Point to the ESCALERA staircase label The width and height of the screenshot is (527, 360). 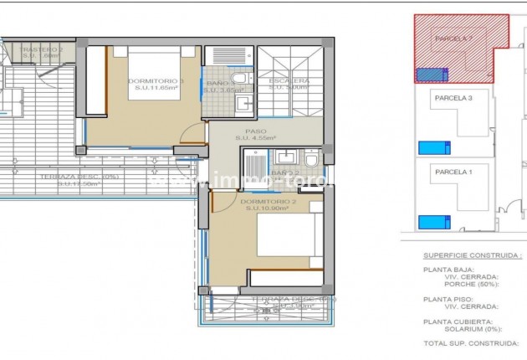pyautogui.click(x=288, y=82)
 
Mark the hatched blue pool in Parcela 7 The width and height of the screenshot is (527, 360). pyautogui.click(x=431, y=74)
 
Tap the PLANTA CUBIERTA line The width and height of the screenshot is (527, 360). pyautogui.click(x=458, y=321)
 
